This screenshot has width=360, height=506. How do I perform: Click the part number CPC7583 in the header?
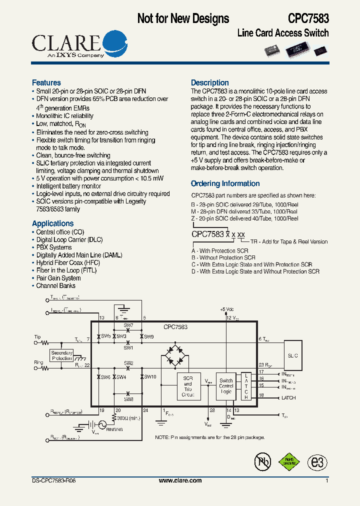pyautogui.click(x=308, y=18)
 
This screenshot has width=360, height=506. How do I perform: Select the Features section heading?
pyautogui.click(x=46, y=82)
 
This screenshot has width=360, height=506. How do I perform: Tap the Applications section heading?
pyautogui.click(x=52, y=223)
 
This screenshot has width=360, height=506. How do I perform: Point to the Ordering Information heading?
pyautogui.click(x=225, y=183)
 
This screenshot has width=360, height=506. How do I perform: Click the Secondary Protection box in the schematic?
pyautogui.click(x=62, y=355)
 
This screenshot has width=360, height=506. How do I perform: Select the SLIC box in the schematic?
pyautogui.click(x=293, y=356)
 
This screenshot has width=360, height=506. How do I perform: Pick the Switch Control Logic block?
pyautogui.click(x=226, y=386)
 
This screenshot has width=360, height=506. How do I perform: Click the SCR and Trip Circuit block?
pyautogui.click(x=188, y=386)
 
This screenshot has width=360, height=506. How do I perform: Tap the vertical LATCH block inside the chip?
pyautogui.click(x=246, y=386)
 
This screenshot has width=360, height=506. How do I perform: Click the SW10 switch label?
pyautogui.click(x=150, y=376)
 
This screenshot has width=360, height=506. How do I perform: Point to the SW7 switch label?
pyautogui.click(x=128, y=325)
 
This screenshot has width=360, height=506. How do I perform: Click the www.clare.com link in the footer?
pyautogui.click(x=180, y=480)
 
